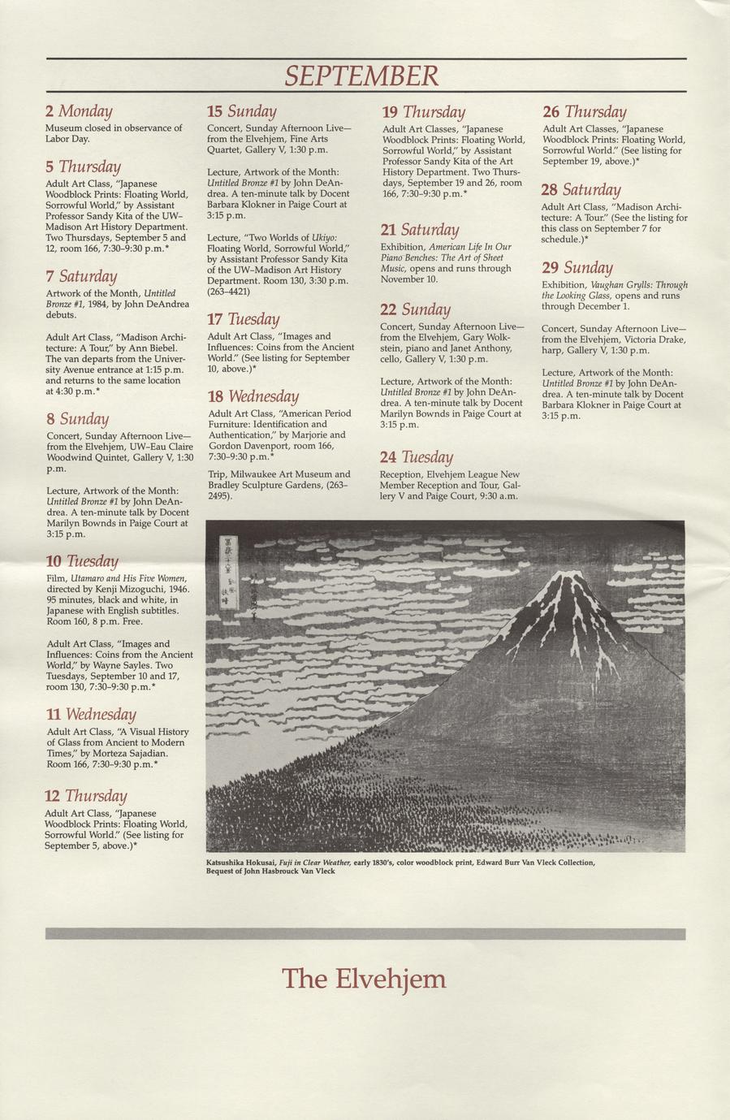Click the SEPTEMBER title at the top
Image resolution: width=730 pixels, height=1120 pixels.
pos(361,76)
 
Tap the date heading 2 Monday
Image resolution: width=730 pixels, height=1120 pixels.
pos(79,110)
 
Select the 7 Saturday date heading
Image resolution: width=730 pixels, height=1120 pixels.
pos(81,276)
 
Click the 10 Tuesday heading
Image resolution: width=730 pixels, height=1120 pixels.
pos(82,560)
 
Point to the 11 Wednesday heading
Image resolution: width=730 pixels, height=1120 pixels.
pos(91,714)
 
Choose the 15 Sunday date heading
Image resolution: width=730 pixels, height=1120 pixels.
pos(241,110)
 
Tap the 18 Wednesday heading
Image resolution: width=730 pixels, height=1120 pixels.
pos(253,396)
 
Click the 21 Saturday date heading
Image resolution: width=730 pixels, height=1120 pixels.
pos(420,230)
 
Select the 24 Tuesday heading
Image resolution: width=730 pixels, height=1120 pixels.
pos(416,456)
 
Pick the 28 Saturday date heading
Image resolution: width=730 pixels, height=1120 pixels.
pos(581,189)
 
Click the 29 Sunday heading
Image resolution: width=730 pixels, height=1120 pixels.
pos(577,267)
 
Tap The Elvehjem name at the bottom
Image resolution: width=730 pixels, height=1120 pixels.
pos(364,978)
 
